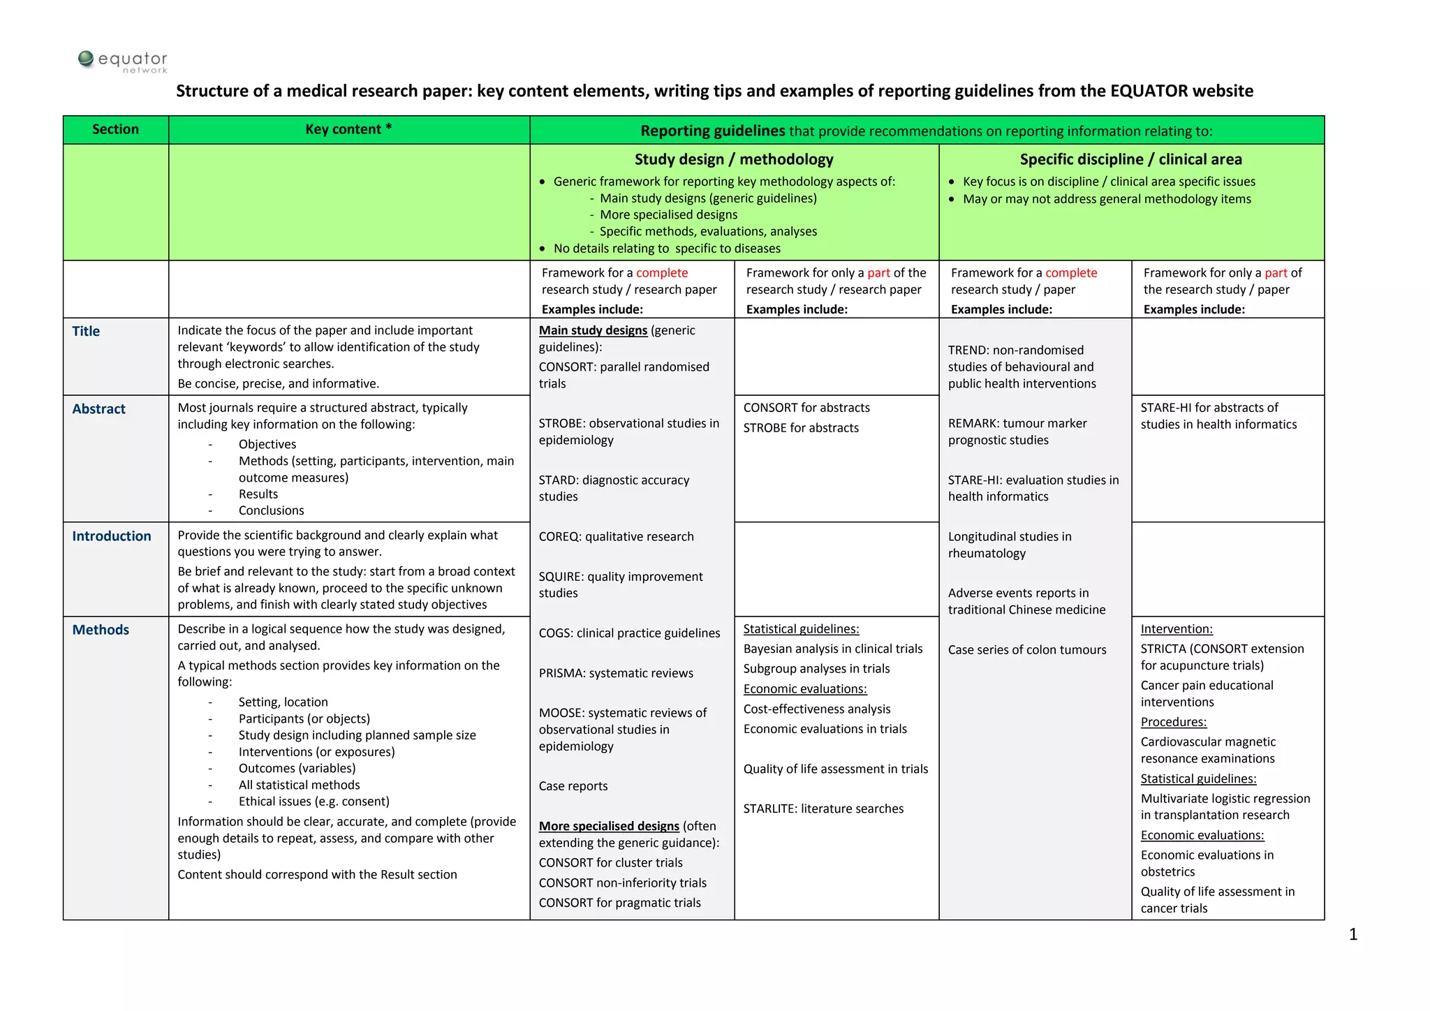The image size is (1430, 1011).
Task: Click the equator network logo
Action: pyautogui.click(x=123, y=61)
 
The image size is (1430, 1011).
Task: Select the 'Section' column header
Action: pyautogui.click(x=115, y=130)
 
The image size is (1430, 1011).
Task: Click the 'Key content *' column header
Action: pyautogui.click(x=348, y=130)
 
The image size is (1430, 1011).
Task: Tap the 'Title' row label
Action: pyautogui.click(x=86, y=332)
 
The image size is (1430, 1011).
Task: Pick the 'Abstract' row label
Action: pyautogui.click(x=98, y=409)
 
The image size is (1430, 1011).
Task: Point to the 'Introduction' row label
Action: pyautogui.click(x=111, y=536)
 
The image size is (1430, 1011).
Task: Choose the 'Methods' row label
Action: pyautogui.click(x=101, y=630)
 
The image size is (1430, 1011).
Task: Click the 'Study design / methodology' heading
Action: pyautogui.click(x=734, y=160)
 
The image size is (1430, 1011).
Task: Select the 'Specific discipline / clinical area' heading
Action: pyautogui.click(x=1130, y=160)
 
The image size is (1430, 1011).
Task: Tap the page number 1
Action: pyautogui.click(x=1353, y=935)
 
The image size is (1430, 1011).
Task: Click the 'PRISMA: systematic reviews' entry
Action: pyautogui.click(x=616, y=674)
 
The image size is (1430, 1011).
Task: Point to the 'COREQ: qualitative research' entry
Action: pyautogui.click(x=616, y=537)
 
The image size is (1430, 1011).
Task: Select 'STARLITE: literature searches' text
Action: pyautogui.click(x=823, y=809)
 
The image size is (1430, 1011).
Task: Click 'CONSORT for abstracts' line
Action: pyautogui.click(x=806, y=408)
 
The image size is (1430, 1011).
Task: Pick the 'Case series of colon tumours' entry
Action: pyautogui.click(x=1027, y=650)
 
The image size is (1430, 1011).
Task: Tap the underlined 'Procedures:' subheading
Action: pyautogui.click(x=1174, y=723)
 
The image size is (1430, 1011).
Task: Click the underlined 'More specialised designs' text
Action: pyautogui.click(x=609, y=827)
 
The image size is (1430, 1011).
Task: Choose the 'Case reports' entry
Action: pyautogui.click(x=573, y=787)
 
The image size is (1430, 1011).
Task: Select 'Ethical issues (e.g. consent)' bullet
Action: pyautogui.click(x=314, y=802)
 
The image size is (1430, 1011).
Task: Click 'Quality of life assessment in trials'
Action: pyautogui.click(x=836, y=769)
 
